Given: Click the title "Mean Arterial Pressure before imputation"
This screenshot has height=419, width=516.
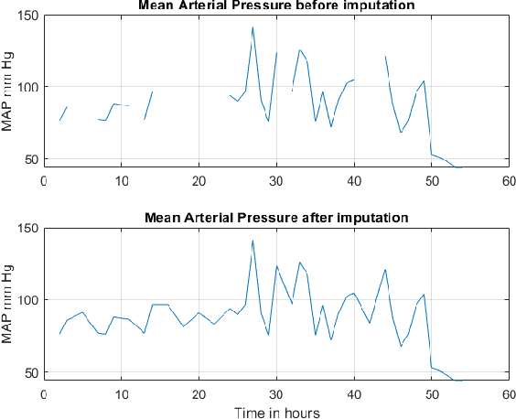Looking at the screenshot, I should pos(275,6).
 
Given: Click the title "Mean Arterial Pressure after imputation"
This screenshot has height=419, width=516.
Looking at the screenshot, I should pos(275,217).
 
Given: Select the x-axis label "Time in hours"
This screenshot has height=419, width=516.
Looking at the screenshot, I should pos(275,412).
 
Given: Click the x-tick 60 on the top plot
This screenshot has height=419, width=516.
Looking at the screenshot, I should pos(508,179).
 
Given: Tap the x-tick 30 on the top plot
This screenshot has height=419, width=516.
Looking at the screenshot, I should pos(275,179).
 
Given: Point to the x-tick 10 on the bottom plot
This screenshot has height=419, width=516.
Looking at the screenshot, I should pos(121,392).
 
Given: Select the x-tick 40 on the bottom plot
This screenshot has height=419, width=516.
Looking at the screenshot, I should pos(353,392).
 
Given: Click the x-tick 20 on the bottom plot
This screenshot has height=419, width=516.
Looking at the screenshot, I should pos(199,392).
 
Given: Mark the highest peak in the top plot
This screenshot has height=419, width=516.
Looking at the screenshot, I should pos(253,27).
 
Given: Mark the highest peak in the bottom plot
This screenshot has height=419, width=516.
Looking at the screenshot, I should pos(253,241).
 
